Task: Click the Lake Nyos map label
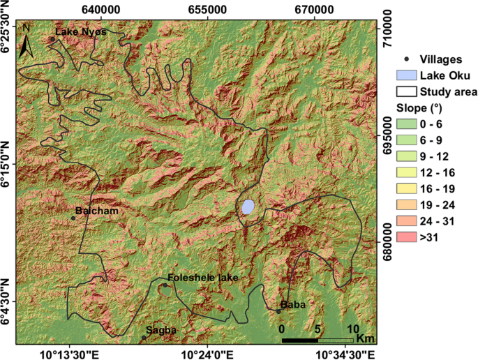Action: (77, 32)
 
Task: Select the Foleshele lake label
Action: (203, 278)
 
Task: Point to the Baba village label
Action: (292, 305)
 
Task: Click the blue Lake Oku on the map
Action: (248, 207)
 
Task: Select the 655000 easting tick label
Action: (208, 8)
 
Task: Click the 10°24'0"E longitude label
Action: (207, 352)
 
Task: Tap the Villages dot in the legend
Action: (406, 59)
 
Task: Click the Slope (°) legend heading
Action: (419, 108)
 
